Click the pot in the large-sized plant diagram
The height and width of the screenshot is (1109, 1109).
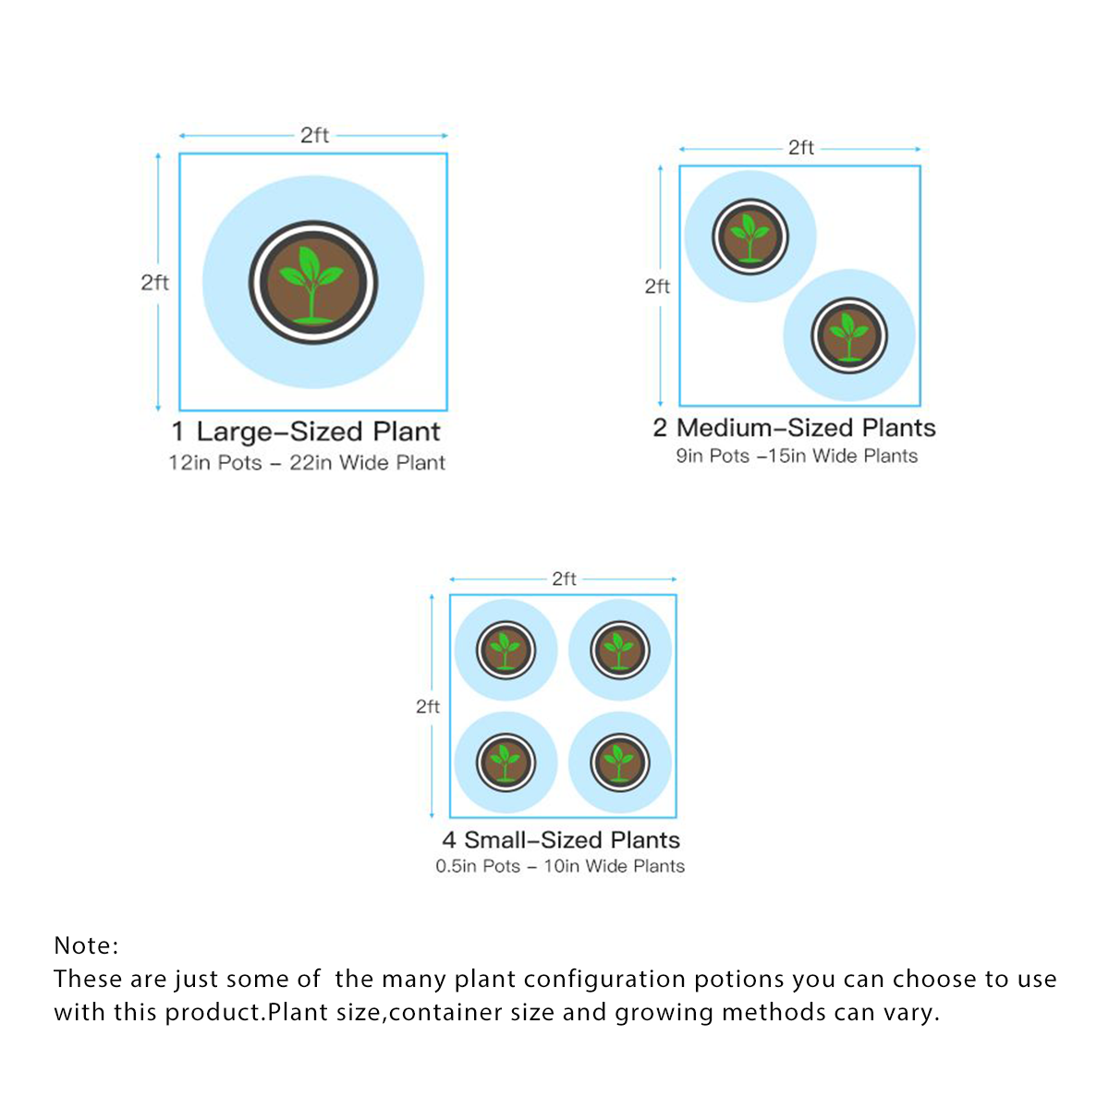(313, 283)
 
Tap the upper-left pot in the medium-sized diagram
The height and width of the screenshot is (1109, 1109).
(749, 237)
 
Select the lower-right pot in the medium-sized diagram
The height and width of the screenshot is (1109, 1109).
(849, 335)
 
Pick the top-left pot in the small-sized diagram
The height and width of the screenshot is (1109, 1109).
(506, 651)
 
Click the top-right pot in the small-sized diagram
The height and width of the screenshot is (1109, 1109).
(620, 651)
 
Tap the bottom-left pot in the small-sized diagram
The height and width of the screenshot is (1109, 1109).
(506, 762)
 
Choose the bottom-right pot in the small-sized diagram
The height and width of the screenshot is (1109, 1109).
(620, 762)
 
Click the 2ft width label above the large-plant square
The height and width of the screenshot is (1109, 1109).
(314, 135)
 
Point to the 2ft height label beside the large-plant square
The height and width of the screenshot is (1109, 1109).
(155, 283)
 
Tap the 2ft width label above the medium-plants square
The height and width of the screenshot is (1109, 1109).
(801, 148)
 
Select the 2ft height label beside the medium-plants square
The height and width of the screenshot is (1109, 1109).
(657, 286)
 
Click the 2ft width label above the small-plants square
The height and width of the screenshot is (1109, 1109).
(564, 579)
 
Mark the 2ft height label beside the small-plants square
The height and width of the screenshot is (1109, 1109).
(428, 707)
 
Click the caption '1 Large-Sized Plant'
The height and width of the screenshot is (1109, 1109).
(306, 432)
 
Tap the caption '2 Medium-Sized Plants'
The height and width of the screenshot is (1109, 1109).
(794, 428)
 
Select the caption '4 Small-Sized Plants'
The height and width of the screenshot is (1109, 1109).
(561, 840)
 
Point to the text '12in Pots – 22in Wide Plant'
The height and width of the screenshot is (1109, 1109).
(307, 463)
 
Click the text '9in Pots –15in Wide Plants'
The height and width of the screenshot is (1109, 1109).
(797, 456)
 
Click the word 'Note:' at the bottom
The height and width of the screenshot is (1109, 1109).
(86, 945)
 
